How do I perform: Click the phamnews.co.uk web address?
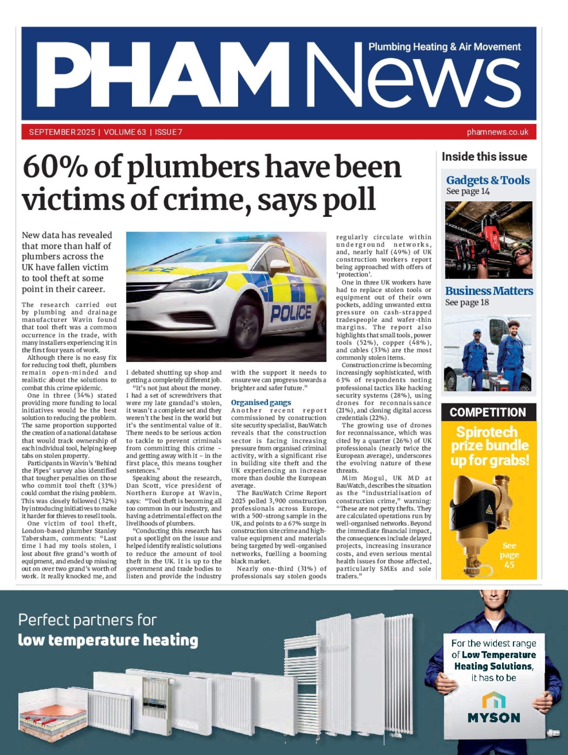coord(497,132)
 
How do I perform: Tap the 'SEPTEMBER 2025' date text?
coord(62,132)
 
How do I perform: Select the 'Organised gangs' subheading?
coord(261,402)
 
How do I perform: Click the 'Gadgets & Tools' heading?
coord(488,180)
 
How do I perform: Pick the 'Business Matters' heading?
coord(489,291)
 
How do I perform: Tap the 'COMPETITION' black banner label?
coord(488,412)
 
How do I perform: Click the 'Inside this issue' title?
coord(484,157)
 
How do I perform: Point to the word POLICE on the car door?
coord(291,313)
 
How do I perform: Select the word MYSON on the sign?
coord(494,718)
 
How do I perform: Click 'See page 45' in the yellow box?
coord(509,554)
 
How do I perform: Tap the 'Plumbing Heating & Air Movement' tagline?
coord(444,47)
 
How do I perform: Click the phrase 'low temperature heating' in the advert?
coord(108,640)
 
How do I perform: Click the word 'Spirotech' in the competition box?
coord(487,432)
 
